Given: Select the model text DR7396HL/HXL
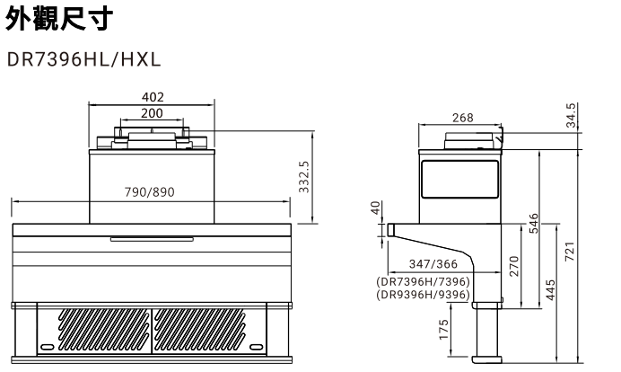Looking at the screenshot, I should pyautogui.click(x=83, y=61).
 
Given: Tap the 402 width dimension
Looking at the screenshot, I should pyautogui.click(x=153, y=97).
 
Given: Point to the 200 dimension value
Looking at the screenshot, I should pyautogui.click(x=153, y=113).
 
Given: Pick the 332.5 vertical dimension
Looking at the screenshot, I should pyautogui.click(x=303, y=177).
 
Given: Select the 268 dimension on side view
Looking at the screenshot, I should pyautogui.click(x=462, y=118).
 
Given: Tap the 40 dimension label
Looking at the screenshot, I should pyautogui.click(x=376, y=208).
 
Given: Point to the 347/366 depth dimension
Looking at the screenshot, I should pyautogui.click(x=433, y=263).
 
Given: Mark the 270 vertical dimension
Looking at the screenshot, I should pyautogui.click(x=514, y=267).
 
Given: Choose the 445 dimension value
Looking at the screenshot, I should pyautogui.click(x=550, y=290).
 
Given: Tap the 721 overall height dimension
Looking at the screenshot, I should pyautogui.click(x=571, y=253).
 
